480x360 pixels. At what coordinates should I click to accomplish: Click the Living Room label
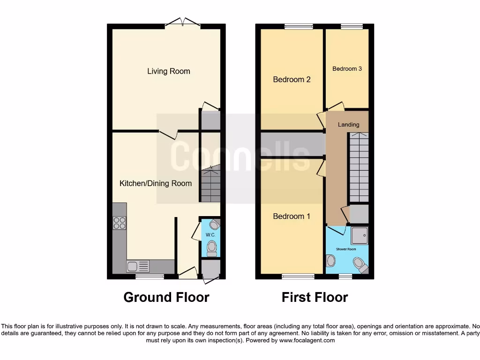point(169,71)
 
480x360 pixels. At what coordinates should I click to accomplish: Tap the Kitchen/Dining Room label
point(156,183)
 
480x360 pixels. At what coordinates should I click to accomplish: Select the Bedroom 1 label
point(292,216)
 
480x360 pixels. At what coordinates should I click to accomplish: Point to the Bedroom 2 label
point(292,80)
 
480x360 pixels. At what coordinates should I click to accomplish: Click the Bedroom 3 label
point(347,68)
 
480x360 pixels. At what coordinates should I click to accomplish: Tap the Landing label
point(348,125)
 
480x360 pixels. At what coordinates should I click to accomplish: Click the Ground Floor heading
point(166,297)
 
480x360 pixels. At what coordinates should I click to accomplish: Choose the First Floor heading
point(315,297)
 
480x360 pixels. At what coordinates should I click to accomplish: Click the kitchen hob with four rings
point(120,223)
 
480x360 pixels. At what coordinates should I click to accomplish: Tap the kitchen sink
point(138,267)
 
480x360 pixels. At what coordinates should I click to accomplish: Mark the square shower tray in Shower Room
point(360,235)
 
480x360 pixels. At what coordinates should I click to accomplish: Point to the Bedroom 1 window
point(298,276)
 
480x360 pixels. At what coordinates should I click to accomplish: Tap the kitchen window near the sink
point(150,277)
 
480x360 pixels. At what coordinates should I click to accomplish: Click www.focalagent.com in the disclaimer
point(307,340)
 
